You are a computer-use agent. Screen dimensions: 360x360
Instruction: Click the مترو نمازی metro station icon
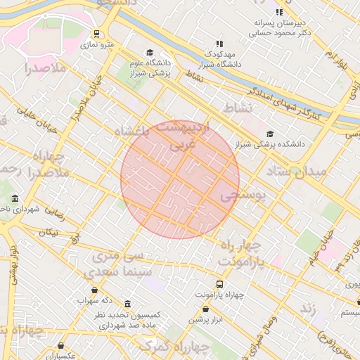(96, 34)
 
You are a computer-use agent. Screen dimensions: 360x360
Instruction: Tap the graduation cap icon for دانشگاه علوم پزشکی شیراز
(149, 53)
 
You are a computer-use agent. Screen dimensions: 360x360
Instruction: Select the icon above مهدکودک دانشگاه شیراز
(219, 44)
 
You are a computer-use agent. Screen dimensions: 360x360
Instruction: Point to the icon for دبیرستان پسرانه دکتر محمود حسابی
(279, 12)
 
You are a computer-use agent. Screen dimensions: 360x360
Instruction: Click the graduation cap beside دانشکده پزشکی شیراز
(270, 134)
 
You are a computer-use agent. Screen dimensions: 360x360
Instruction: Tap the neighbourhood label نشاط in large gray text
(237, 108)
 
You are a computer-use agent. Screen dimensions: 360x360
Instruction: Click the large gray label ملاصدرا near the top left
(45, 68)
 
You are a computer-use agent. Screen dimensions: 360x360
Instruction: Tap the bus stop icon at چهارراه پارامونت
(219, 285)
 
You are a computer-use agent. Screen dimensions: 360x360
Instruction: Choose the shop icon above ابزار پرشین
(205, 309)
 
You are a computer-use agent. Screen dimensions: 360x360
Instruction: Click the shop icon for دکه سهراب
(95, 290)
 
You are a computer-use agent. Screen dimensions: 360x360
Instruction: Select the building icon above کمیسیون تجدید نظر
(127, 304)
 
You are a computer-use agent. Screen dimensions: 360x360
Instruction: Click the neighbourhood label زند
(307, 308)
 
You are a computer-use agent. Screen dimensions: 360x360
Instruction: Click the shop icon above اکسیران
(62, 346)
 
